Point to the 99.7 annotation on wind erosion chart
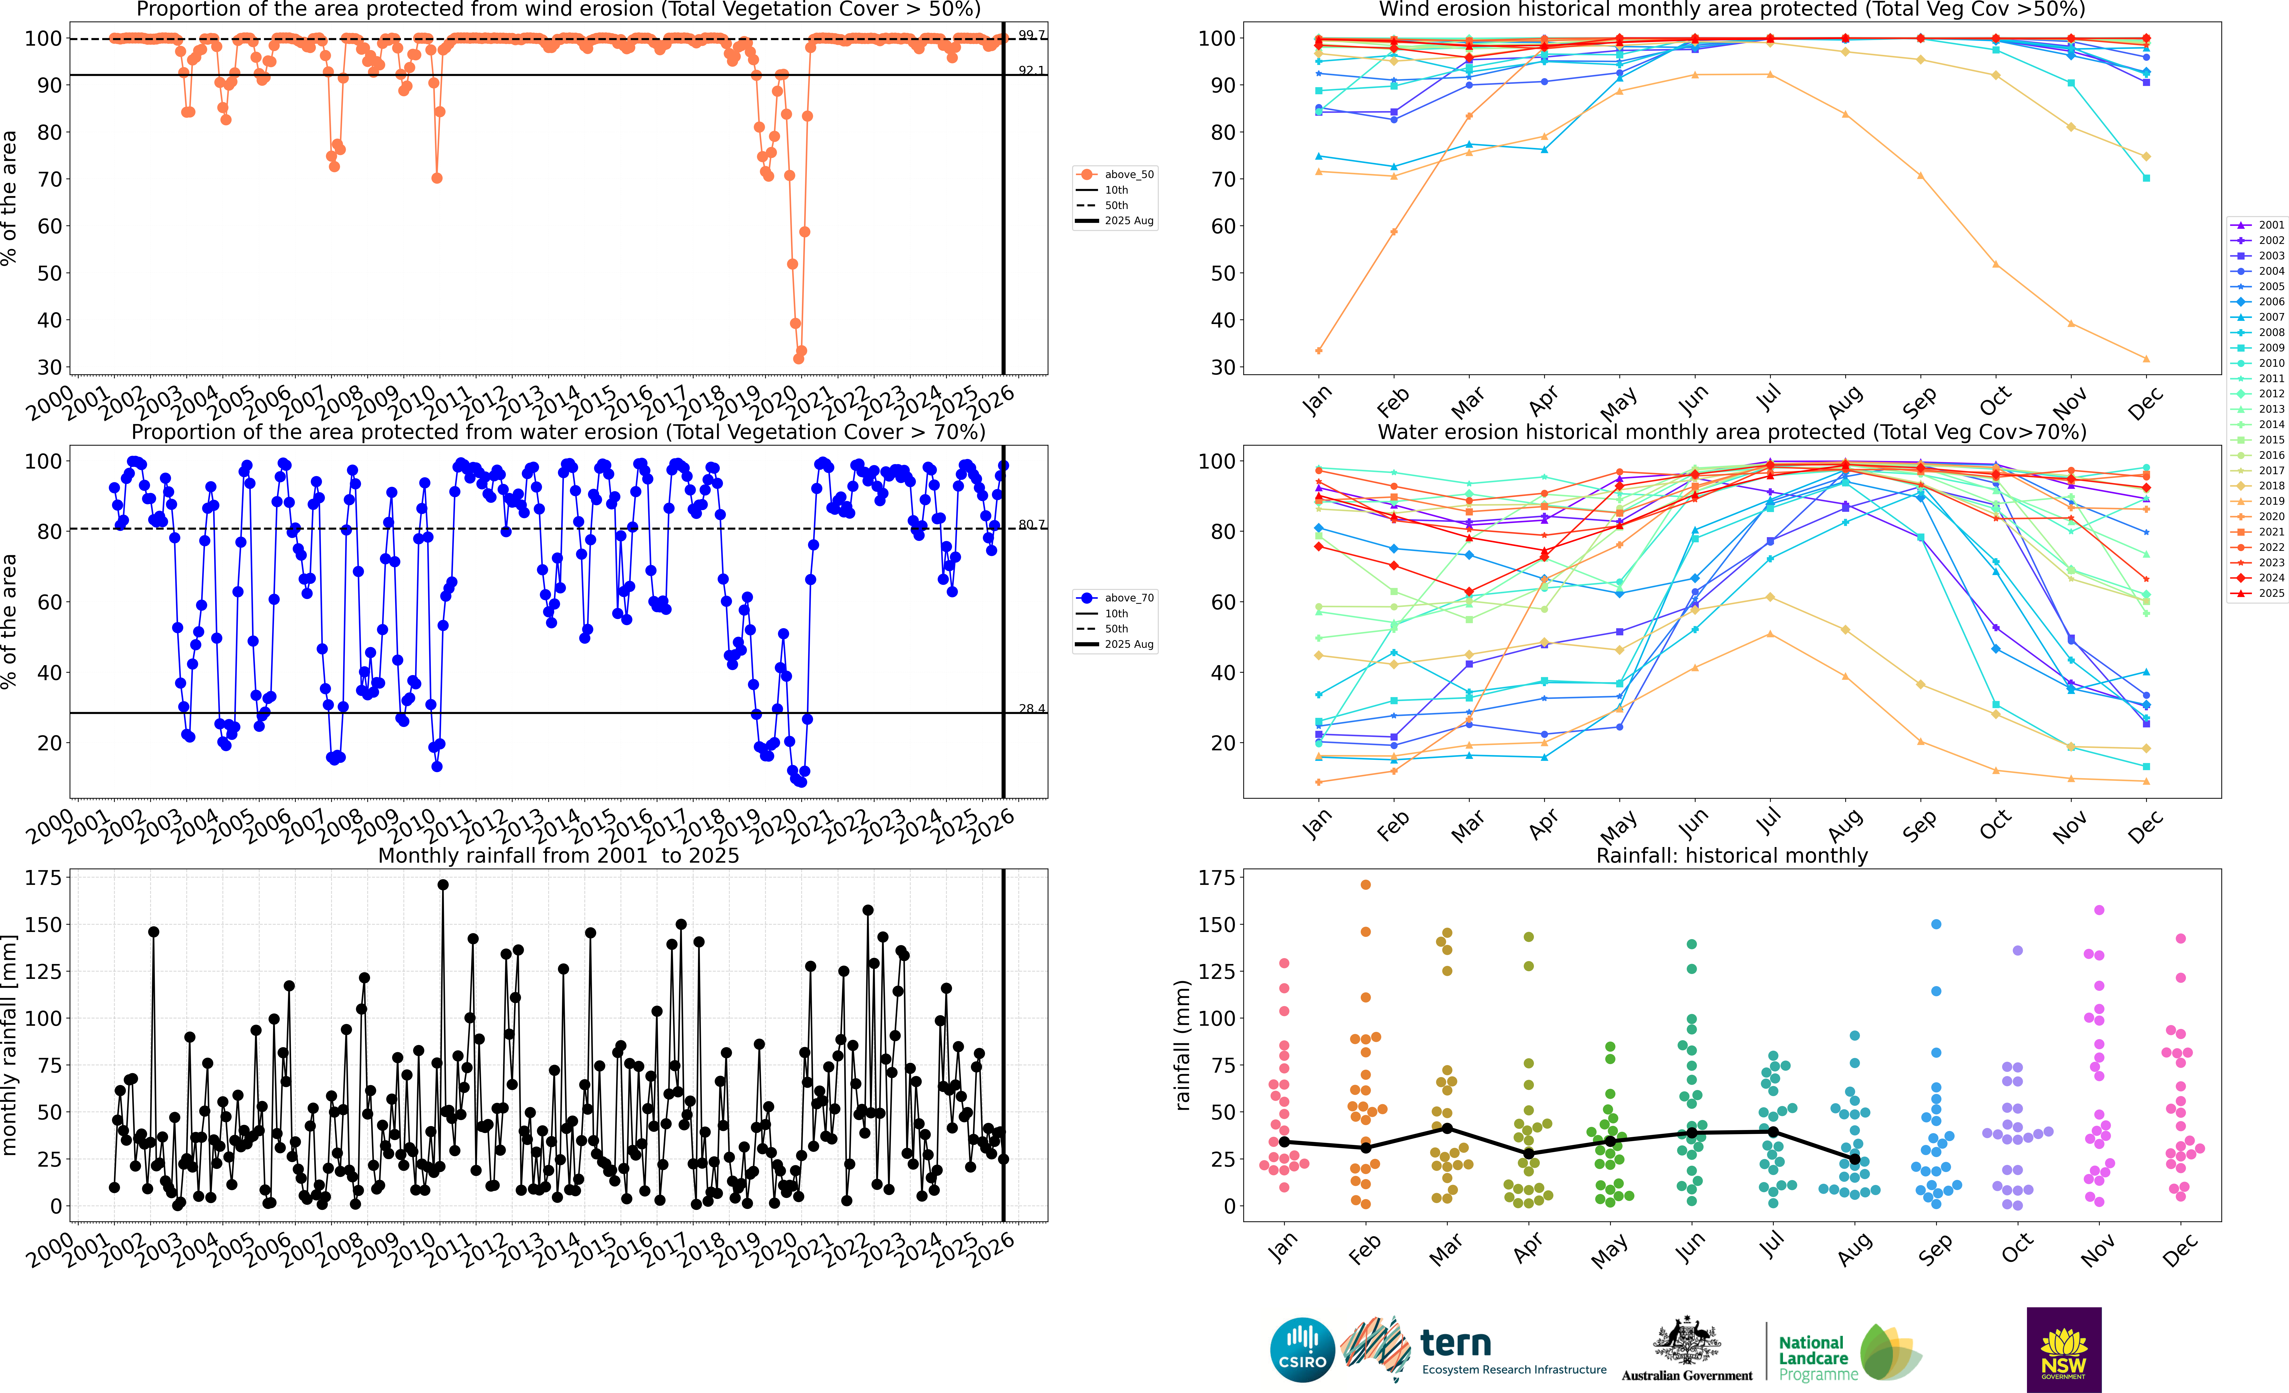[1031, 34]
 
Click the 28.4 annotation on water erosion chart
[1031, 709]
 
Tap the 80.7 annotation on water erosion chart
[1031, 525]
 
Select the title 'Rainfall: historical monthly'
[1732, 855]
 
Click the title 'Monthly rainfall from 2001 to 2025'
[558, 855]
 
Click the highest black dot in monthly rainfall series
[443, 885]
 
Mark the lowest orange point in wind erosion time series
[798, 358]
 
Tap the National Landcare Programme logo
[1849, 1352]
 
